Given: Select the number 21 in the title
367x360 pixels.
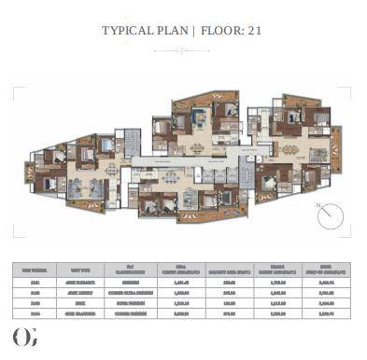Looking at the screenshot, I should [x=255, y=31].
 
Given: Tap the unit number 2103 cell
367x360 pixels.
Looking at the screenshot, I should [x=35, y=303].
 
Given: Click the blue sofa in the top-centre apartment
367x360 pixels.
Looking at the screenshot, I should [x=198, y=118].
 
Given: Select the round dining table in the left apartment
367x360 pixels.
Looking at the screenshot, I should [x=111, y=170].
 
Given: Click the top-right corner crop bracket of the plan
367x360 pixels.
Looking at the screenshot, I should [x=349, y=90].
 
